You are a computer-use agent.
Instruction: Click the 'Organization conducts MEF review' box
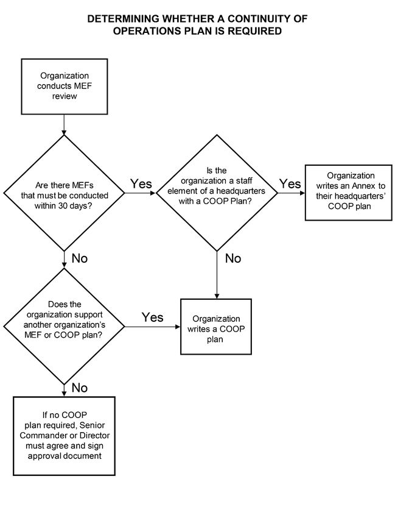click(x=65, y=87)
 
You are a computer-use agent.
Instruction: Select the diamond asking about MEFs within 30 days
click(x=64, y=193)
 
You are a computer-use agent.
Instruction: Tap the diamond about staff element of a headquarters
click(x=217, y=193)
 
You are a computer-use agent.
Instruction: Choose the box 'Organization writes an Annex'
click(x=349, y=192)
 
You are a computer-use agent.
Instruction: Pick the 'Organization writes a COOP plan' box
click(x=216, y=327)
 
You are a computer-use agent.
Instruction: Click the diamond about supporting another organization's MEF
click(x=64, y=327)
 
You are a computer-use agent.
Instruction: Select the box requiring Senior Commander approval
click(x=64, y=436)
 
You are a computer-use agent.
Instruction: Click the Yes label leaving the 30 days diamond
click(x=141, y=183)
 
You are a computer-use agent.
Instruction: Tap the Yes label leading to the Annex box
click(x=290, y=183)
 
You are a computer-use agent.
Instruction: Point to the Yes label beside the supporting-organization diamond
click(x=152, y=318)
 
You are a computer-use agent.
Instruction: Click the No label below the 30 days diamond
click(x=80, y=258)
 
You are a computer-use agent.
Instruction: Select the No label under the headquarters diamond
click(x=233, y=258)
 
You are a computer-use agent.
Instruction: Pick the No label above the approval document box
click(x=80, y=388)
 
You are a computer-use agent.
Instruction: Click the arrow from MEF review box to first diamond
click(x=64, y=125)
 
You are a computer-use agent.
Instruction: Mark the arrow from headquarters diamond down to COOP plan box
click(x=217, y=275)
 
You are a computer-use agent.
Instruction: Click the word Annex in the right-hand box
click(x=363, y=186)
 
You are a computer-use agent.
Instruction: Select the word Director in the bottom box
click(x=95, y=435)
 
